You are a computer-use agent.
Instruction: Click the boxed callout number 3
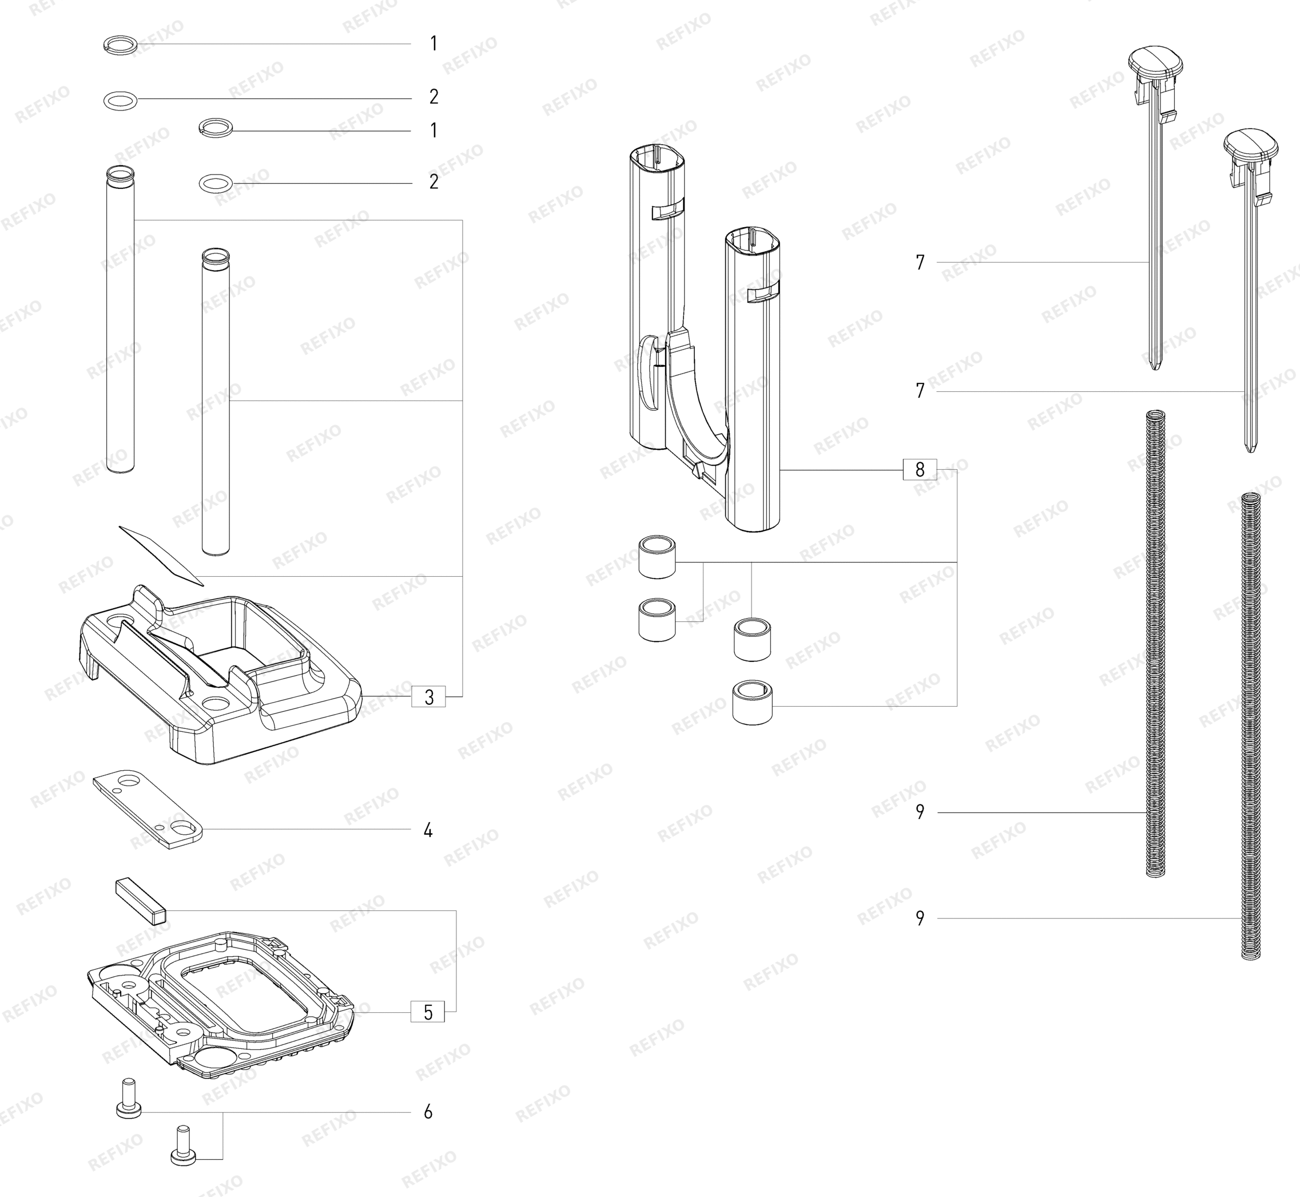pyautogui.click(x=428, y=697)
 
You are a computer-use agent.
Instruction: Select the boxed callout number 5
pyautogui.click(x=428, y=1012)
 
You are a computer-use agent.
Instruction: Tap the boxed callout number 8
pyautogui.click(x=920, y=470)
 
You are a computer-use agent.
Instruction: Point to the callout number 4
pyautogui.click(x=428, y=830)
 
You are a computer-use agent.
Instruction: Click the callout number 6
pyautogui.click(x=428, y=1112)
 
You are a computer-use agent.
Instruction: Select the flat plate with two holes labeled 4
pyautogui.click(x=148, y=809)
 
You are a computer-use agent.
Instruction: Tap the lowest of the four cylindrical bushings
pyautogui.click(x=752, y=701)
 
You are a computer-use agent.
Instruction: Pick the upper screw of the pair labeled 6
pyautogui.click(x=128, y=1099)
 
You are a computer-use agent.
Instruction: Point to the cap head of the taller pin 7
pyautogui.click(x=1156, y=62)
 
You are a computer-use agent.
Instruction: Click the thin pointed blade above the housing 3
pyautogui.click(x=161, y=555)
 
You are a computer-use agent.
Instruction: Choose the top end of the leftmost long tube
pyautogui.click(x=121, y=173)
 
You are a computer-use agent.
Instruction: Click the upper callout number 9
pyautogui.click(x=920, y=812)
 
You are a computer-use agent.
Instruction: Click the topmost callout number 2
pyautogui.click(x=434, y=97)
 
